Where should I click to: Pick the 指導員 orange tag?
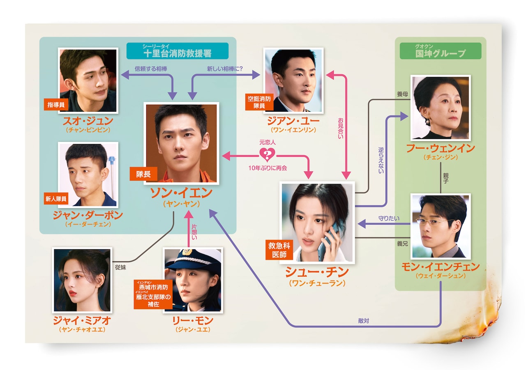tap(56, 105)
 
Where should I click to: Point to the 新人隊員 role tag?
tap(56, 200)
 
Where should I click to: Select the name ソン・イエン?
tap(181, 193)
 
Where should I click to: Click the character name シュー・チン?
tap(316, 272)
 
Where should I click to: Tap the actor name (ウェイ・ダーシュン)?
tap(440, 276)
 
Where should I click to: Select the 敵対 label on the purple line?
tap(363, 321)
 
